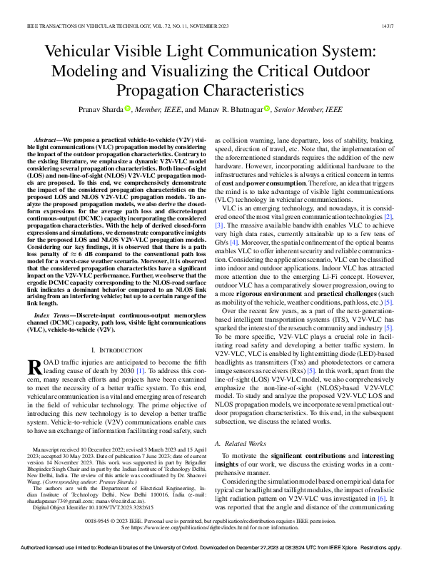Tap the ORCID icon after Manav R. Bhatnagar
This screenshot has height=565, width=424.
coord(267,109)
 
